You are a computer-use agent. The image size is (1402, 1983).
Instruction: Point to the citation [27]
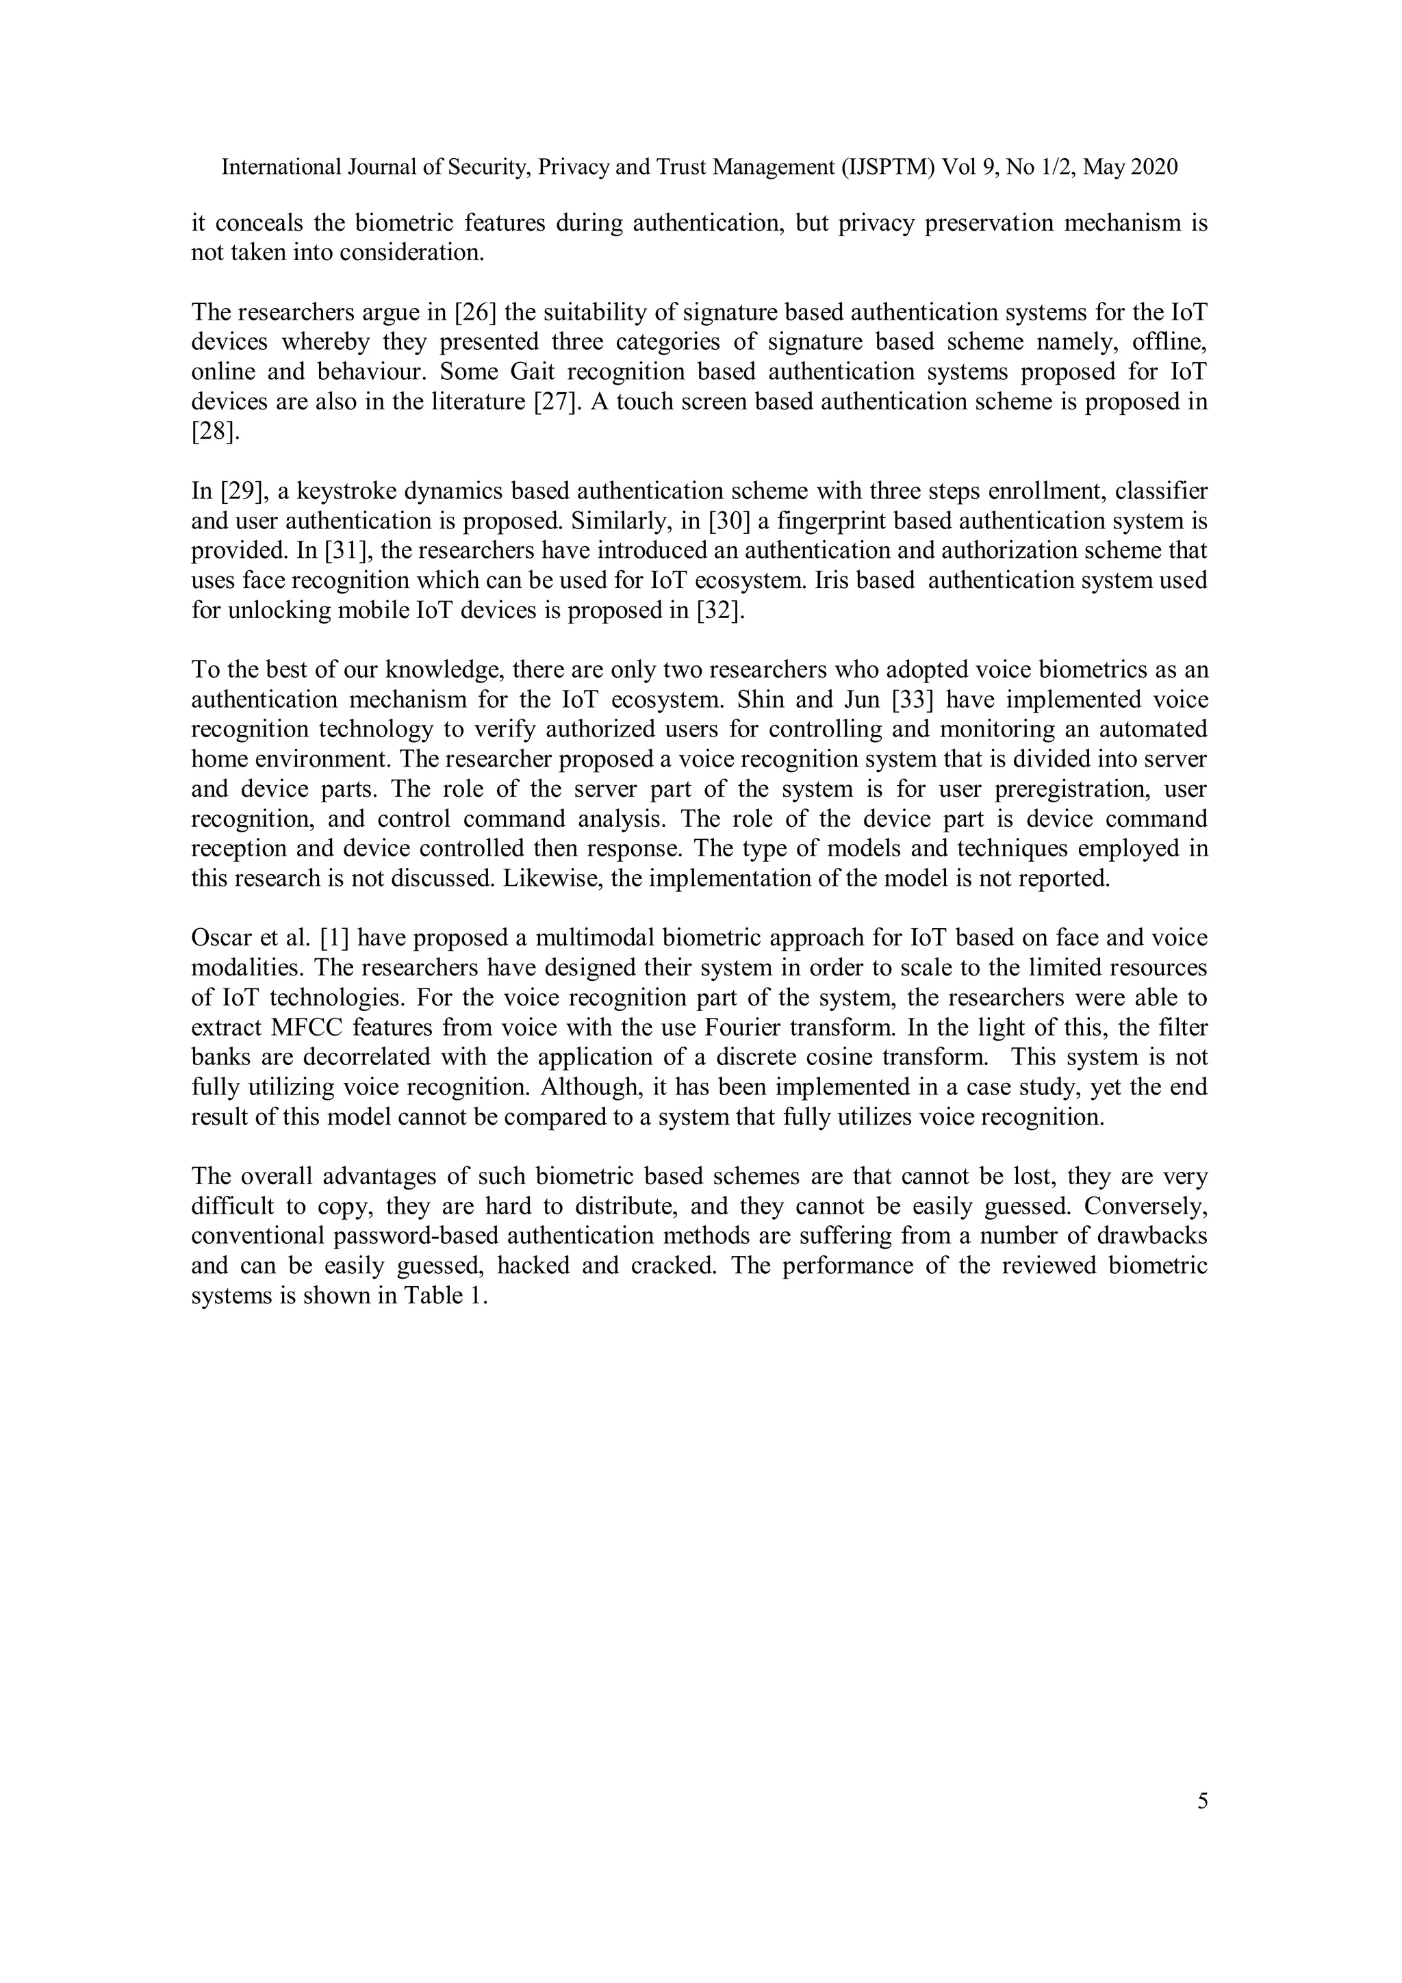coord(554,402)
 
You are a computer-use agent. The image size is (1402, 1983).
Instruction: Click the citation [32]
coord(719,610)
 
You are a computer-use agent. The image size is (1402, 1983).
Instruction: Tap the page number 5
coord(1203,1801)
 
